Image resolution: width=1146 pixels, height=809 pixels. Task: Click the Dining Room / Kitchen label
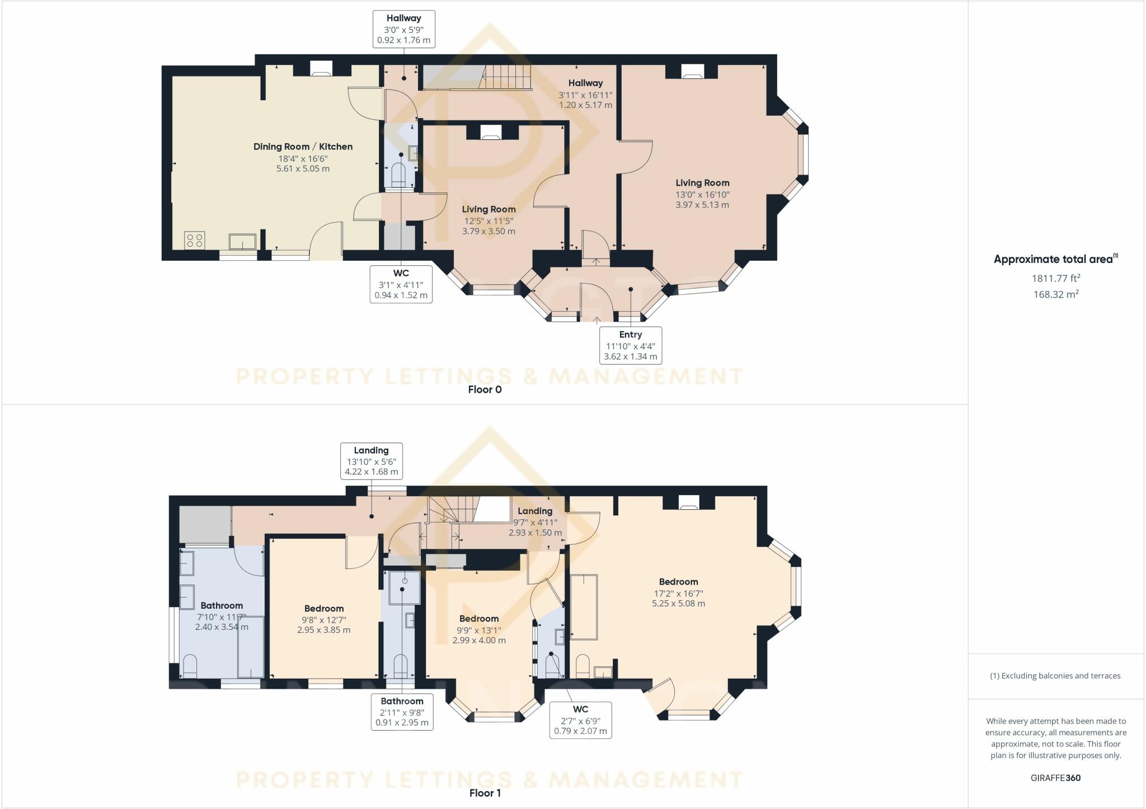coord(303,147)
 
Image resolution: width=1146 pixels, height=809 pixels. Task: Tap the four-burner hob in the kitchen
coord(195,241)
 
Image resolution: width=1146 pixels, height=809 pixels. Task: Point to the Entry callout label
coord(631,345)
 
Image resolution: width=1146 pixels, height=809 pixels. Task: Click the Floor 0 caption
coord(485,389)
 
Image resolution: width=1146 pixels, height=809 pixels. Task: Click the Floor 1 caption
coord(485,793)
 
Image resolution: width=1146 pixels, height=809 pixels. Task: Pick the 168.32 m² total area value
coord(1055,294)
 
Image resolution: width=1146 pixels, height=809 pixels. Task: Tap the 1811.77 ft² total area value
coord(1055,278)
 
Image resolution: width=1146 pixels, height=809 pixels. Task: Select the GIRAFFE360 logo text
coord(1055,778)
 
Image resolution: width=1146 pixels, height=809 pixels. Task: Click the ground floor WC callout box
coord(401,284)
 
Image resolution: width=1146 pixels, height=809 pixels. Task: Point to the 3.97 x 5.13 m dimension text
coord(702,205)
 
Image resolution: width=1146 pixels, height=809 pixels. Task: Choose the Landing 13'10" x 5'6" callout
coord(371,461)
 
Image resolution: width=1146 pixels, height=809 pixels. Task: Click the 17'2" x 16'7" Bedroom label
coord(678,593)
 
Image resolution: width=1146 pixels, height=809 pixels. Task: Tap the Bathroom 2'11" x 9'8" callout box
coord(402,712)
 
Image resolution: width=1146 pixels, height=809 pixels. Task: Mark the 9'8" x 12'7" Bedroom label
coord(324,619)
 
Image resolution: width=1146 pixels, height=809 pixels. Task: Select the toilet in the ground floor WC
coord(398,174)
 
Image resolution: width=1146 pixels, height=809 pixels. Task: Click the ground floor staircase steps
coord(507,76)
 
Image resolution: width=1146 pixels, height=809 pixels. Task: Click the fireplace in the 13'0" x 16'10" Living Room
coord(692,70)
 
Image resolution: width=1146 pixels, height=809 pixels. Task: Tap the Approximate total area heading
coord(1055,259)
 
